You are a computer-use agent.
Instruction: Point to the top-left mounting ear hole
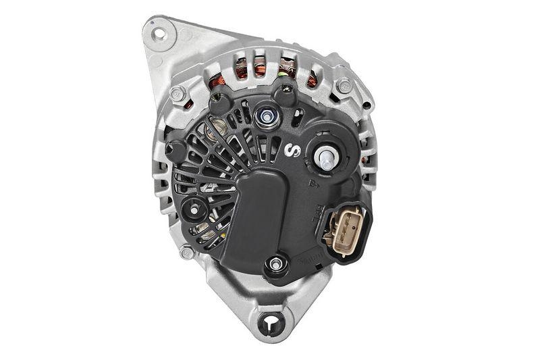coord(158,32)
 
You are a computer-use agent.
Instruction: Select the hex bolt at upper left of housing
coord(178,93)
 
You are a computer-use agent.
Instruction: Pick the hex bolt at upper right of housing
coord(344,86)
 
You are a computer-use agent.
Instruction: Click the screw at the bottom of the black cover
coord(275,264)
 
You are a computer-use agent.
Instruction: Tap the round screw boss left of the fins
coord(195,210)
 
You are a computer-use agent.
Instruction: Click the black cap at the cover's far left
coord(175,151)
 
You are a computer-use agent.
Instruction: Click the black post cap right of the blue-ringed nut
coord(285,95)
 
